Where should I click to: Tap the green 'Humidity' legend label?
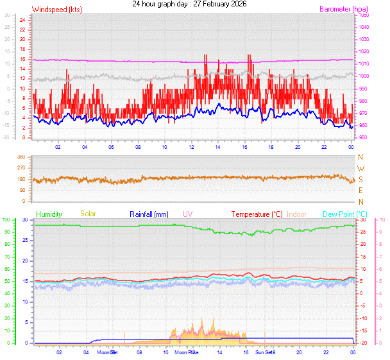pos(49,214)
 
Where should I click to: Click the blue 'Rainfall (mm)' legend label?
pos(149,214)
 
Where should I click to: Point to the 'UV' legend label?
pos(187,214)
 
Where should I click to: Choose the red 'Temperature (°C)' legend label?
pos(257,214)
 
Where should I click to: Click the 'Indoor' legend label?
pos(297,214)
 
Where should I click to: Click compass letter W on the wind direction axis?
pos(360,168)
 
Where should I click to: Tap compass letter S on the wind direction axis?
pos(360,179)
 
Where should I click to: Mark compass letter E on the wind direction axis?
pos(360,190)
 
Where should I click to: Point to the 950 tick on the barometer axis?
pos(363,138)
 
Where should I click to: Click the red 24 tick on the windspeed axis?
pos(22,19)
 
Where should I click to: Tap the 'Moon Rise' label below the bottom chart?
pos(187,352)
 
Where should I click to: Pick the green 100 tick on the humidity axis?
pos(6,220)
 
